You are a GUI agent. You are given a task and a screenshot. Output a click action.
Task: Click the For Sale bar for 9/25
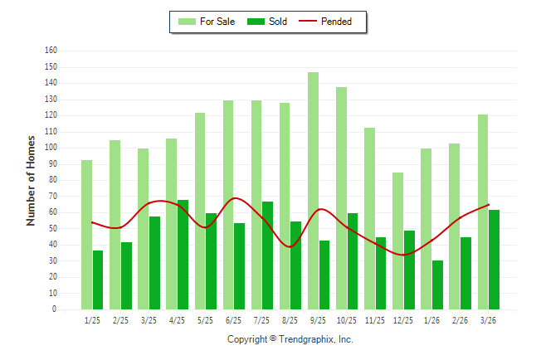tap(313, 191)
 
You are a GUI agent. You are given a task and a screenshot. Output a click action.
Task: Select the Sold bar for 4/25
tap(183, 255)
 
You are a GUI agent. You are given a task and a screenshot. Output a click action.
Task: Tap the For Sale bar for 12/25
tap(398, 241)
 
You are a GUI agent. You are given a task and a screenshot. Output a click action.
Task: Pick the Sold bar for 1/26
tap(437, 285)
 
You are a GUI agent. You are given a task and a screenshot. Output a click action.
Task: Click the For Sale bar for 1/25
tap(87, 235)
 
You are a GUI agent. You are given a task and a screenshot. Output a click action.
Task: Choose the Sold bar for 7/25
tap(268, 255)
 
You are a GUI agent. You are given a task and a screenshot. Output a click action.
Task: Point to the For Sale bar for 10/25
tap(342, 198)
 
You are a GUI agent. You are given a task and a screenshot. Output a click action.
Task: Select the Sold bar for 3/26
tap(494, 260)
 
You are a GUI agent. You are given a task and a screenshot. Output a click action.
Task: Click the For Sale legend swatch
tap(187, 22)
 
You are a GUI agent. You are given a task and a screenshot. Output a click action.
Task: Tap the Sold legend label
tap(278, 22)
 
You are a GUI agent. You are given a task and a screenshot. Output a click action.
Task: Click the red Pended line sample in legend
tap(308, 22)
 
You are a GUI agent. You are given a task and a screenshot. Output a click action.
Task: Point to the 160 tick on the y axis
tap(51, 51)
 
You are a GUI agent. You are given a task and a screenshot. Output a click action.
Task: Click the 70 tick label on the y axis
tap(52, 197)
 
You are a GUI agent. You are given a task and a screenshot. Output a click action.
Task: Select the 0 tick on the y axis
tap(55, 309)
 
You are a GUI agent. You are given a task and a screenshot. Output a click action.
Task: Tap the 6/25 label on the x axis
tap(233, 320)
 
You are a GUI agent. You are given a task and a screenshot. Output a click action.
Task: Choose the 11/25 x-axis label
tap(375, 320)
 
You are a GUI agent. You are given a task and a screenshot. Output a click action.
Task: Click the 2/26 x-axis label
tap(460, 320)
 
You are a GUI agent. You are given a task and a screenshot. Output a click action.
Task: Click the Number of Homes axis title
tap(31, 181)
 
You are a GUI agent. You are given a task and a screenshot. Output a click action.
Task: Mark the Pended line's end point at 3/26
tap(489, 205)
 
